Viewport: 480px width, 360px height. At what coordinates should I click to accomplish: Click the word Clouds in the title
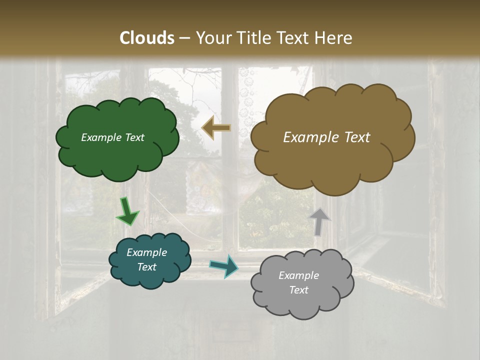tap(147, 38)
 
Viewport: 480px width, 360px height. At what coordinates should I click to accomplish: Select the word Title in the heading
tap(254, 38)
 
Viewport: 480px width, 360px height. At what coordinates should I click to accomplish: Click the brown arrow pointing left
tap(216, 128)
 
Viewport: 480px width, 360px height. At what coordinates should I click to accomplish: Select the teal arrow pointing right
tap(223, 265)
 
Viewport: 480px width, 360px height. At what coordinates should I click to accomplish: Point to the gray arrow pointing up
tap(319, 221)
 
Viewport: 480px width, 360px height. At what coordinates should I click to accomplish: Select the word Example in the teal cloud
tap(146, 252)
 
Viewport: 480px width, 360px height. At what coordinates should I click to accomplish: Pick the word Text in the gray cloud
tap(298, 290)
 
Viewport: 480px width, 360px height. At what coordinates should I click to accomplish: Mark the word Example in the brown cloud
tap(310, 137)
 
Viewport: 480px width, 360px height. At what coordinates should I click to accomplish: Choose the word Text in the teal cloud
tap(146, 267)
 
